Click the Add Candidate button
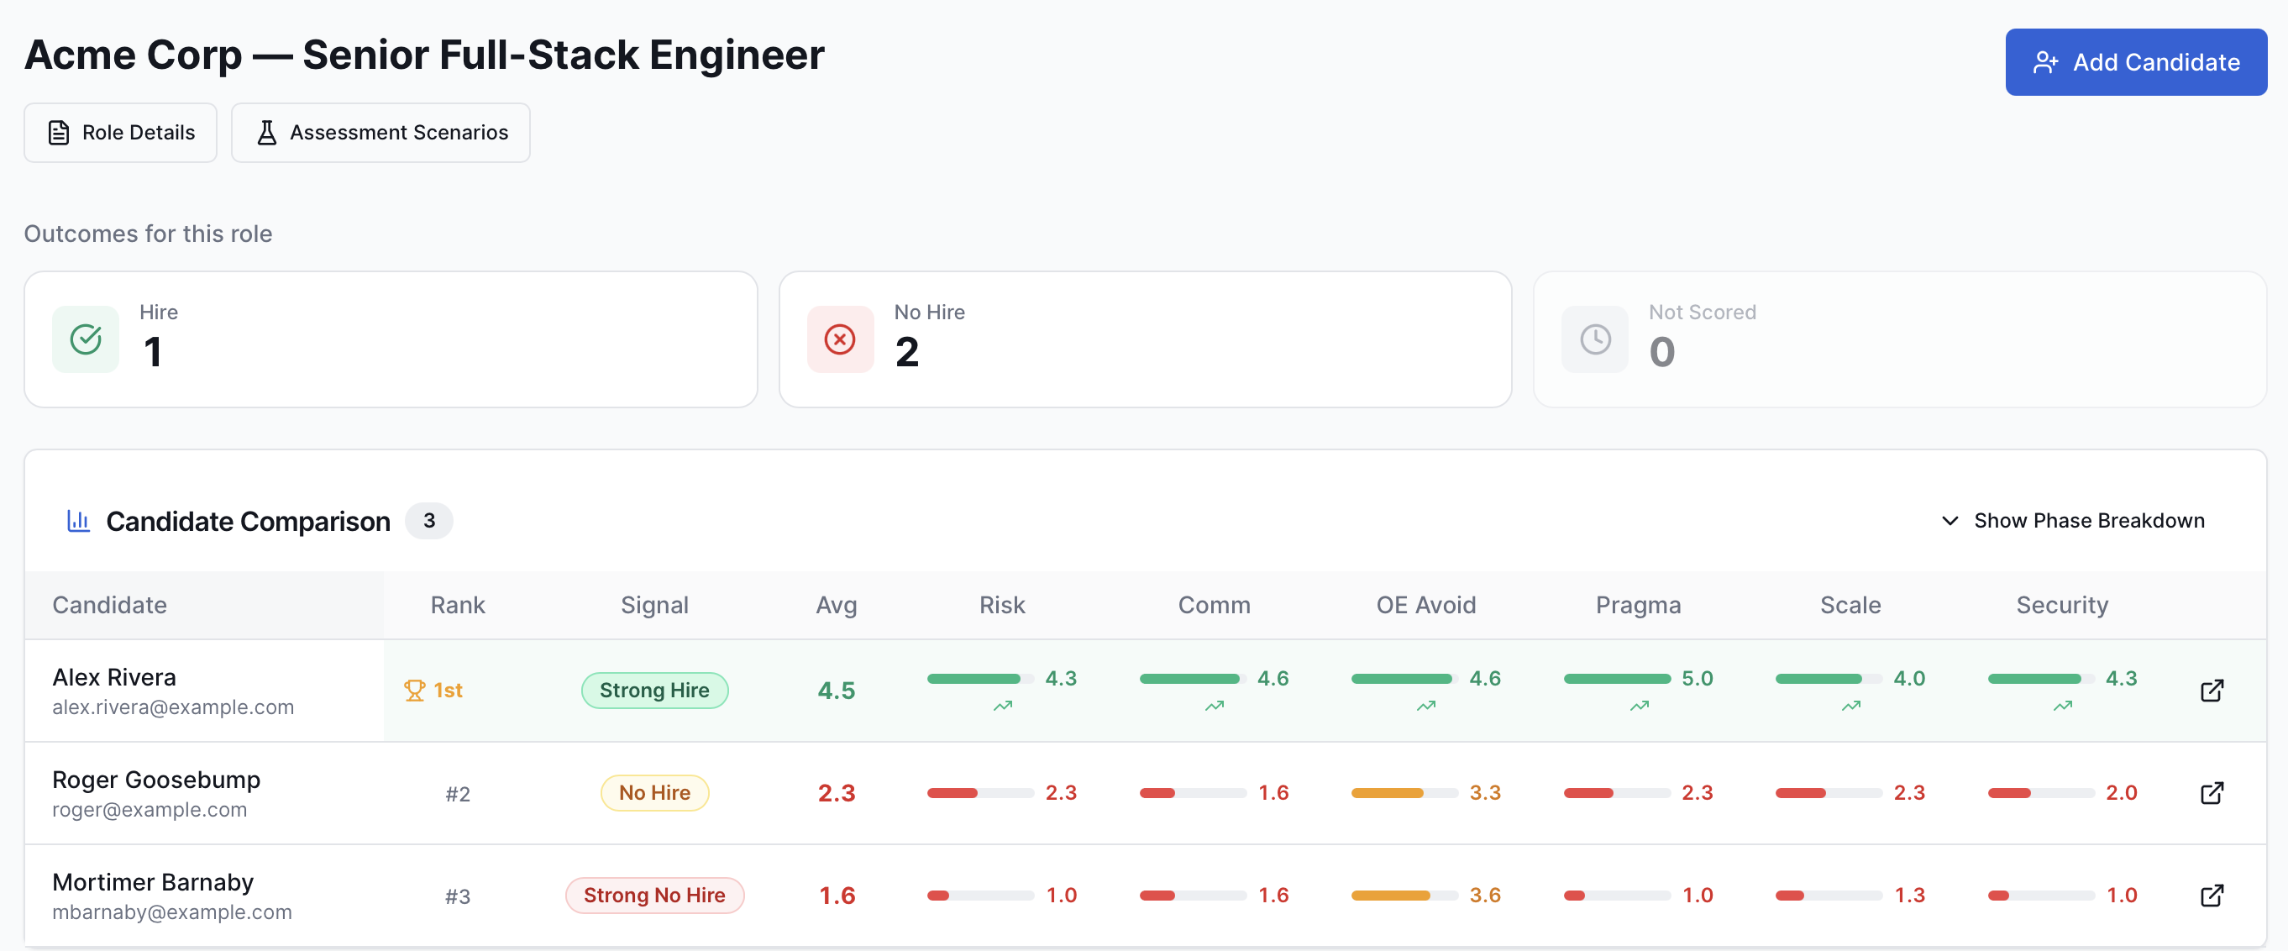tap(2135, 62)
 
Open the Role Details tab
tap(121, 133)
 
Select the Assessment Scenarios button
tap(380, 133)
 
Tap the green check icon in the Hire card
tap(87, 339)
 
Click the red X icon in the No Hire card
tap(839, 339)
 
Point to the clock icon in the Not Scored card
tap(1595, 339)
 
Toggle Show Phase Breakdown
tap(2073, 521)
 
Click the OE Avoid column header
tap(1425, 605)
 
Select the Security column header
tap(2061, 605)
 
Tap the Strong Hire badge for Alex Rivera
tap(654, 691)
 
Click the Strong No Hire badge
tap(654, 895)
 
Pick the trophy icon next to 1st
tap(414, 691)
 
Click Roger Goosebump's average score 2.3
tap(836, 793)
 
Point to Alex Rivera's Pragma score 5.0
tap(1697, 678)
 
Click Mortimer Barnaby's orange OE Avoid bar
tap(1390, 895)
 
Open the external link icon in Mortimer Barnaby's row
tap(2212, 895)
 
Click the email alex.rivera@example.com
tap(173, 707)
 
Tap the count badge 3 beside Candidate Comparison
tap(429, 521)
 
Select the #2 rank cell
tap(458, 794)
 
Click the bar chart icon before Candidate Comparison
tap(78, 521)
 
